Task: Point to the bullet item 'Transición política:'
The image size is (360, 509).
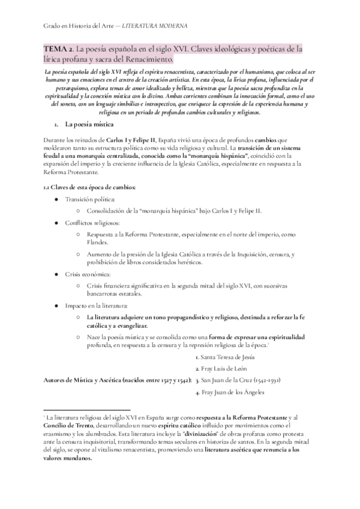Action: pos(91,199)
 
